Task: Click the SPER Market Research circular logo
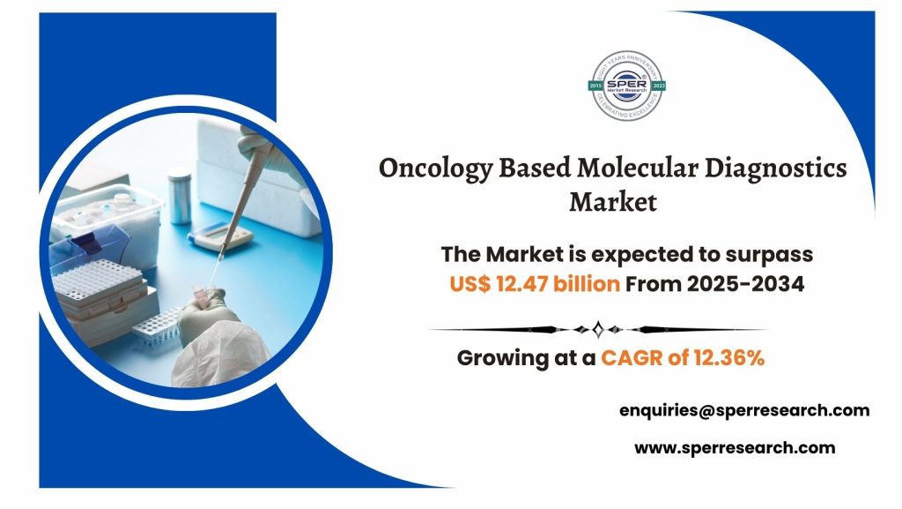point(627,85)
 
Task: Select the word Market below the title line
point(612,202)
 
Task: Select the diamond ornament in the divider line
point(598,329)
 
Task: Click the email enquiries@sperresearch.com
point(744,409)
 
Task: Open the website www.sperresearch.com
point(735,447)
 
